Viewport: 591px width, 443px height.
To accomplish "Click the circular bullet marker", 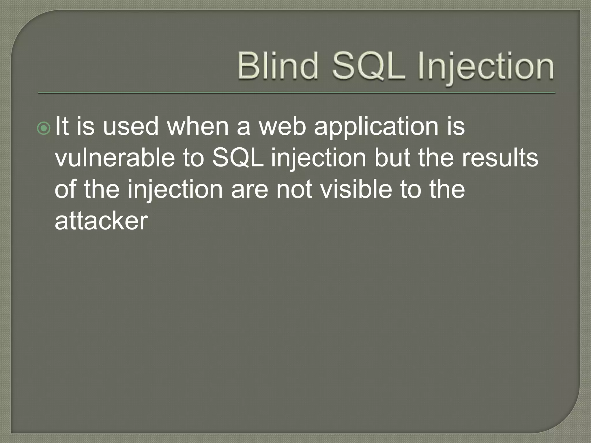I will [x=44, y=129].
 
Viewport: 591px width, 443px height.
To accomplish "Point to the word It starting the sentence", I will [x=62, y=126].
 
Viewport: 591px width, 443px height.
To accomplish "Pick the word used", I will [x=130, y=126].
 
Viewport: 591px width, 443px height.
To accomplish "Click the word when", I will [x=198, y=126].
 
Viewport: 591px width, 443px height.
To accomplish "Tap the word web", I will [x=282, y=126].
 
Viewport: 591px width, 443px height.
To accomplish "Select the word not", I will [x=294, y=190].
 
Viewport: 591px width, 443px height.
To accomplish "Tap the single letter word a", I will [x=243, y=128].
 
